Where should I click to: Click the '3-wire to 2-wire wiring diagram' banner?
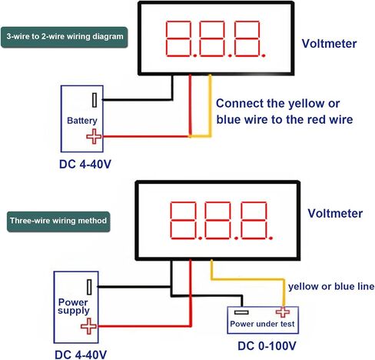[64, 37]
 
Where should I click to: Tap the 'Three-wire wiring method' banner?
[58, 222]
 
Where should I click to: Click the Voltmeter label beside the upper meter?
[329, 44]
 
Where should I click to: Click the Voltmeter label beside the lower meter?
[335, 213]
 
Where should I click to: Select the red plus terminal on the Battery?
[94, 136]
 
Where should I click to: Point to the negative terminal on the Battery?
[95, 100]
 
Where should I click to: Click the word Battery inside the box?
[82, 121]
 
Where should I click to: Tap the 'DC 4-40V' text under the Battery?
[85, 164]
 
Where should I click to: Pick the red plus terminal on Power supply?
[88, 326]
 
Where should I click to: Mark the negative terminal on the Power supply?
[89, 287]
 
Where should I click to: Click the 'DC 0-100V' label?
[267, 346]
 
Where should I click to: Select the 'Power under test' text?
[262, 324]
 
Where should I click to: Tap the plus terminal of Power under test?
[283, 312]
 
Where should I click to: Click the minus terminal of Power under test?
[241, 312]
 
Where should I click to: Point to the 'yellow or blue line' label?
[331, 286]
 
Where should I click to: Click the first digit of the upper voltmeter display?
[178, 38]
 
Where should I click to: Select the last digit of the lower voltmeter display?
[254, 220]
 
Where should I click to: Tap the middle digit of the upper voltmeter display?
[212, 38]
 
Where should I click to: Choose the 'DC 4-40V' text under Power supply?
[81, 355]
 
